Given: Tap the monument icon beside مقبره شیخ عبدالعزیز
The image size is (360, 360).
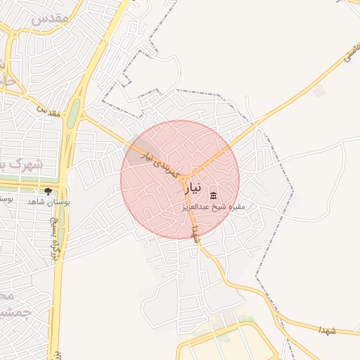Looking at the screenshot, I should tap(213, 195).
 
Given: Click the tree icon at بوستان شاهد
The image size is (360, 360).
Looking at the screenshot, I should tap(48, 191).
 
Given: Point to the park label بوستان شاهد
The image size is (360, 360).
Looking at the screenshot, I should tap(44, 202).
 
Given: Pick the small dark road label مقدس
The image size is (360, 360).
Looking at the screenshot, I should tap(47, 110).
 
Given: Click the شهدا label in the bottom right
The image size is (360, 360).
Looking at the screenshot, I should tap(328, 330).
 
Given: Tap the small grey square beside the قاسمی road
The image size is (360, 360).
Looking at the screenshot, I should tap(320, 91).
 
